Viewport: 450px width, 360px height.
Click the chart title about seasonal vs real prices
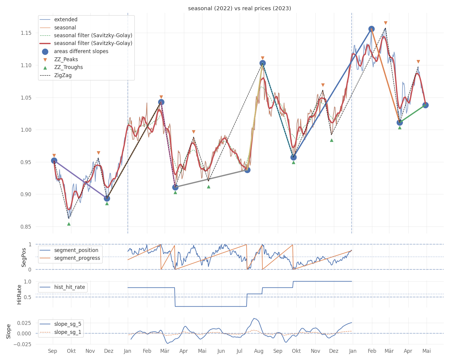point(239,8)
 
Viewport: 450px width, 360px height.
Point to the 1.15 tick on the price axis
point(26,33)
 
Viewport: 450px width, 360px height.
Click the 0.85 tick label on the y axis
point(26,226)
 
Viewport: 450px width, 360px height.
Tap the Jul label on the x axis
point(239,351)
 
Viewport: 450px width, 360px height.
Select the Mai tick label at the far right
point(426,351)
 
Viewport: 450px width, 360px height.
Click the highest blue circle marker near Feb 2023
point(371,29)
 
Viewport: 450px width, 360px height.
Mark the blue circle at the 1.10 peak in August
point(262,63)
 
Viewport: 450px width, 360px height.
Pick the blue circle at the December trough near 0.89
point(107,198)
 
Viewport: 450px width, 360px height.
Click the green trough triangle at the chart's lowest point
point(69,224)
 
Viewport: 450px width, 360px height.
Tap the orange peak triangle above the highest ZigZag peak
point(385,23)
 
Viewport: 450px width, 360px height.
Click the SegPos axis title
point(24,257)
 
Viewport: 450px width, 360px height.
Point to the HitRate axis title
point(19,295)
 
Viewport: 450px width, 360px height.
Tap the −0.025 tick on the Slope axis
point(22,344)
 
